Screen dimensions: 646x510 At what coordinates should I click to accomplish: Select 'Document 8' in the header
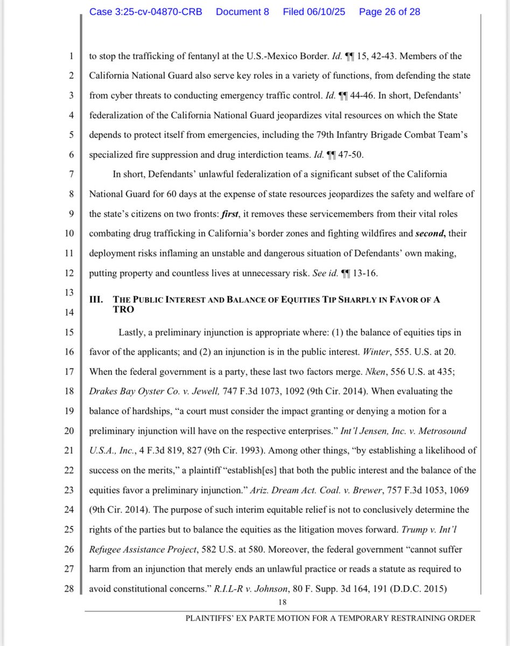[242, 11]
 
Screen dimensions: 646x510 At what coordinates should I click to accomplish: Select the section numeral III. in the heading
[96, 300]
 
